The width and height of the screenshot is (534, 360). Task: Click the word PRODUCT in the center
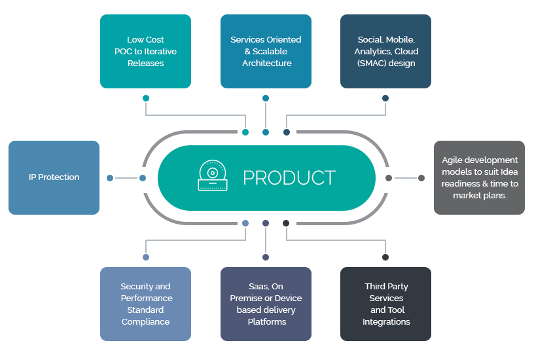pos(289,177)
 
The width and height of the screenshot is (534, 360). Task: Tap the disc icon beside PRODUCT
pos(213,175)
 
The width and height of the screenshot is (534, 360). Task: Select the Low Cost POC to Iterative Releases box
pos(145,52)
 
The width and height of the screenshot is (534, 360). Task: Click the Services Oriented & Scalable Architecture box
pos(266,52)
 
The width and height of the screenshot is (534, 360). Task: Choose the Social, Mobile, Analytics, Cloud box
pos(386,52)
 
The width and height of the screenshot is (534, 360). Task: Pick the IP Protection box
pos(54,178)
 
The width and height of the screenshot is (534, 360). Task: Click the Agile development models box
pos(480,178)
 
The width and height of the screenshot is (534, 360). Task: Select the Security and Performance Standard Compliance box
pos(145,304)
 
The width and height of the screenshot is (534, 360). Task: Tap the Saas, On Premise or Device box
pos(266,304)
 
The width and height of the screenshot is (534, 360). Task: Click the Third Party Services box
pos(386,304)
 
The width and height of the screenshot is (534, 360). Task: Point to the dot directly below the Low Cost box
pos(146,98)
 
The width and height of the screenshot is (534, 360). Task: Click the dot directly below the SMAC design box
pos(385,98)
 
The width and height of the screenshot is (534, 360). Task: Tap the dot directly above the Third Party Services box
pos(385,257)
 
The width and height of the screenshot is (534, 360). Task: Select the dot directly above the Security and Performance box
pos(146,257)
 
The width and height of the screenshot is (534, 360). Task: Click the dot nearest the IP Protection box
pos(110,178)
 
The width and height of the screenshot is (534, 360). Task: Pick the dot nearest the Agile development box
pos(421,178)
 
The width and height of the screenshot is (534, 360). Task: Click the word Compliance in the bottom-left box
pos(145,322)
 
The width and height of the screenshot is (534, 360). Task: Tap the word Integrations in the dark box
pos(386,322)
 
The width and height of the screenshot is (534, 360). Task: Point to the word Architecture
pos(267,63)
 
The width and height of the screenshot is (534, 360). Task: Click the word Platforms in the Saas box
pos(267,322)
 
